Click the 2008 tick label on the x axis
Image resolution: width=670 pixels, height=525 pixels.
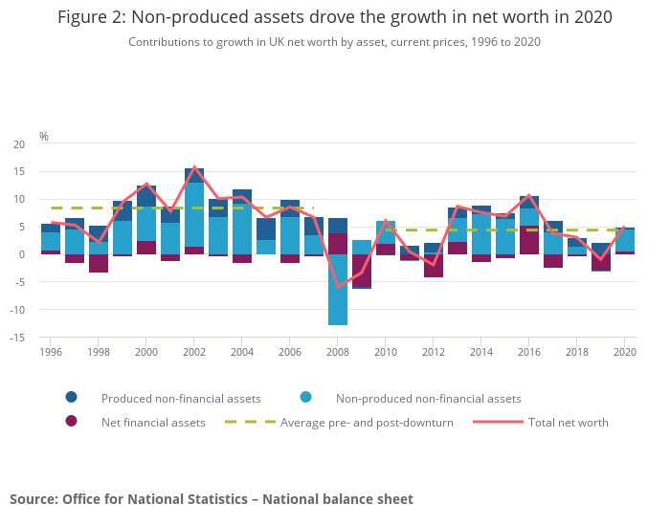(338, 352)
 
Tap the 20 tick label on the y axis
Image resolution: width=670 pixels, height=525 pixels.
(19, 144)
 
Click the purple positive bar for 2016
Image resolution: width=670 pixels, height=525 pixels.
(529, 240)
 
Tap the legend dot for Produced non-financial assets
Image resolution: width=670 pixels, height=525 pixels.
(71, 398)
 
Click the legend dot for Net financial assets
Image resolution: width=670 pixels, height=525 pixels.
(71, 422)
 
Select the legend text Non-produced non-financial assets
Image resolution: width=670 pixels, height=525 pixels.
(428, 399)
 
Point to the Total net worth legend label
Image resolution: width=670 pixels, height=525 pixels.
(568, 423)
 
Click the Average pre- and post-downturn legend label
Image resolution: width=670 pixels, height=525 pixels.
(367, 423)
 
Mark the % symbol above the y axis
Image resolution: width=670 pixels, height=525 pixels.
(43, 137)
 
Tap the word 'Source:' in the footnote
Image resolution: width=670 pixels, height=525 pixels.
(33, 499)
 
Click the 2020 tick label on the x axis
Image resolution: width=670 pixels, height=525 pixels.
(624, 352)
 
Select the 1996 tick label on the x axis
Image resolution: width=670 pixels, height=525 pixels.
(51, 352)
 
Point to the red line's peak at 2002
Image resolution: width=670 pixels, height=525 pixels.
(194, 168)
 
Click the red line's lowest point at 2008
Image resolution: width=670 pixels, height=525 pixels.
(338, 286)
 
